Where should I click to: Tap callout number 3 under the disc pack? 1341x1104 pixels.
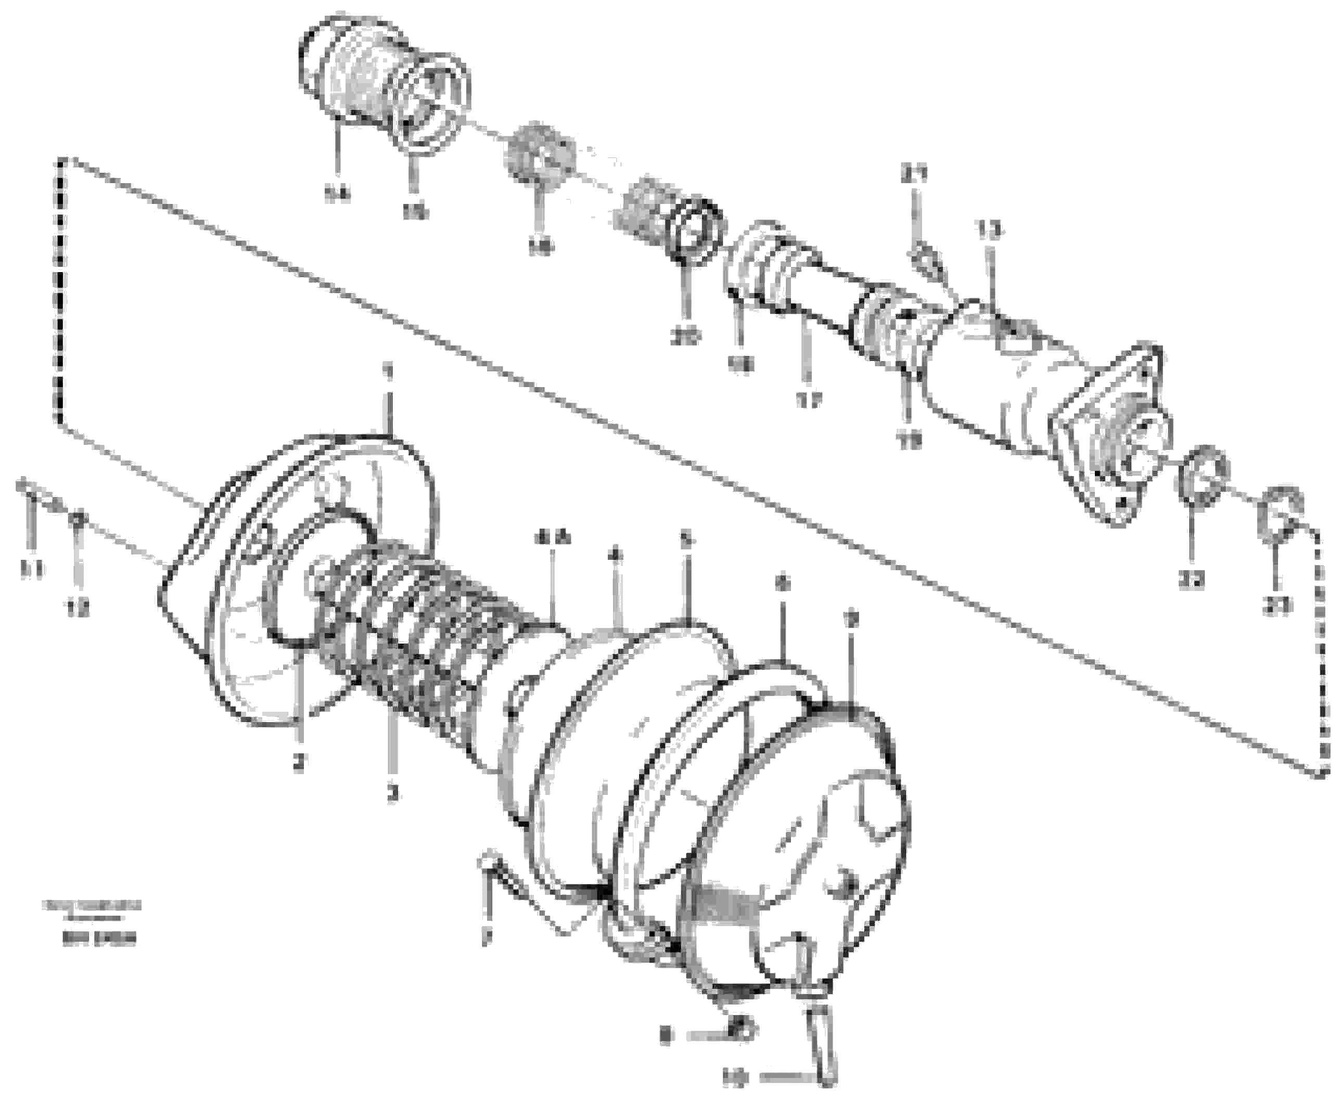pyautogui.click(x=392, y=792)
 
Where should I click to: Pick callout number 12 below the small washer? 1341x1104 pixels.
pyautogui.click(x=78, y=609)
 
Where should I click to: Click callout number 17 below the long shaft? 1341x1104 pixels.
pyautogui.click(x=808, y=400)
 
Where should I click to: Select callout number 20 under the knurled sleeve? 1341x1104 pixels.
pyautogui.click(x=684, y=335)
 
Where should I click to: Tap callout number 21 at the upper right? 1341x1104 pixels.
pyautogui.click(x=914, y=173)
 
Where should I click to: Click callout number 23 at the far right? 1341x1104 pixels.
pyautogui.click(x=1277, y=606)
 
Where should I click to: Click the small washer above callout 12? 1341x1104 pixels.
pyautogui.click(x=78, y=520)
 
